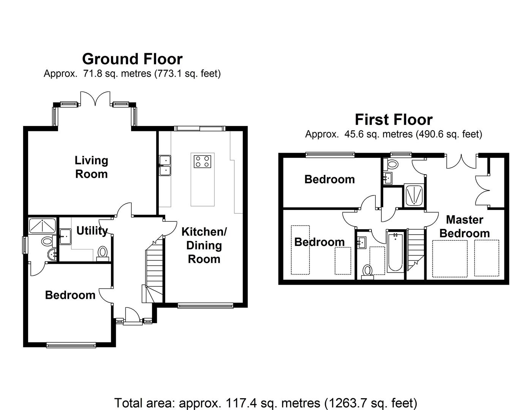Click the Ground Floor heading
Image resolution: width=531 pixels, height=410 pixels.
[132, 59]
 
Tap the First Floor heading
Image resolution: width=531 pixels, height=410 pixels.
[394, 120]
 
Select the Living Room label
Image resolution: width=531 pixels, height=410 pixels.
[92, 167]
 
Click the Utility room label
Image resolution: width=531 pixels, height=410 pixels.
[92, 231]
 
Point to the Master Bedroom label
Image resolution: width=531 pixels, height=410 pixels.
[465, 226]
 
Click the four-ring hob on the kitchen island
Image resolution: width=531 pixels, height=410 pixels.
[202, 161]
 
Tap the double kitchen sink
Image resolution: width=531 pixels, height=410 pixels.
[165, 165]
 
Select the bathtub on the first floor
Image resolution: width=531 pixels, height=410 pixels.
[395, 252]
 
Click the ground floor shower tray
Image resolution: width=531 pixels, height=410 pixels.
[42, 225]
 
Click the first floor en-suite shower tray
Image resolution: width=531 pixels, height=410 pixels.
[414, 195]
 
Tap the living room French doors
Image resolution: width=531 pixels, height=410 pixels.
[95, 99]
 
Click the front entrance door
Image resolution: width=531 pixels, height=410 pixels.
[133, 315]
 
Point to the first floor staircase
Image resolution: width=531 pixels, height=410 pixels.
[416, 249]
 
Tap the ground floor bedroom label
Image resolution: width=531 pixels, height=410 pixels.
[70, 295]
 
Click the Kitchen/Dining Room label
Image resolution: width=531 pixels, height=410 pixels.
[204, 245]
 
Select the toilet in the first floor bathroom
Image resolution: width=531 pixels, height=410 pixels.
[367, 272]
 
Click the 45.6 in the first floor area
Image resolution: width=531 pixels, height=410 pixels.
[354, 134]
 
